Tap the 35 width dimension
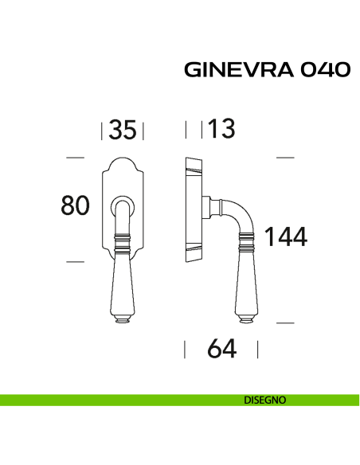click(122, 130)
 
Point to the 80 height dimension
click(74, 205)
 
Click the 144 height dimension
click(286, 236)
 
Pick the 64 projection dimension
click(221, 349)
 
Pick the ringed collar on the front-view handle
click(122, 238)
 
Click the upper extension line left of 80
click(74, 158)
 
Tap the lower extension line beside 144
click(285, 322)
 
